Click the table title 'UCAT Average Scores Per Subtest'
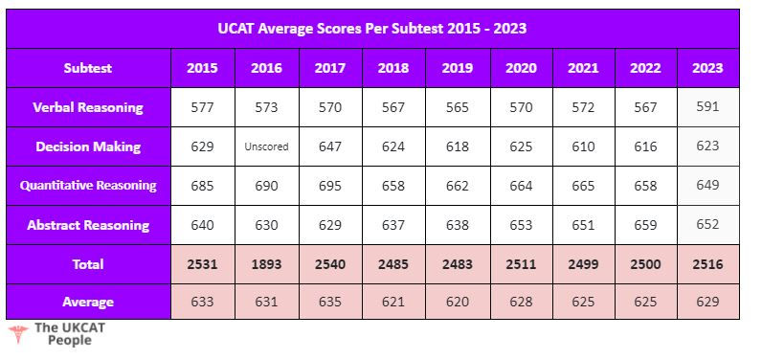[x=372, y=29]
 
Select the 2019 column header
[x=458, y=68]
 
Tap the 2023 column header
[x=707, y=68]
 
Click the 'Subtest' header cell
[x=88, y=68]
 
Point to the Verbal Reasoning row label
[x=88, y=107]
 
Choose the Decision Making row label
[x=88, y=146]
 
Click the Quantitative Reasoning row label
[x=88, y=186]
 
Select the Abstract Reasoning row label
[x=88, y=225]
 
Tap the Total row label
[x=88, y=264]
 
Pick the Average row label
[x=88, y=302]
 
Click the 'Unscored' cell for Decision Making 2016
[x=266, y=146]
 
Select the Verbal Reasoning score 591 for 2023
[x=707, y=107]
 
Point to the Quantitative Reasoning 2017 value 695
[x=329, y=186]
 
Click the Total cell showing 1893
[x=266, y=264]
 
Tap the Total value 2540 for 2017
[x=329, y=264]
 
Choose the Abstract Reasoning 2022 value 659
[x=645, y=225]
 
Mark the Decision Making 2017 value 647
[x=329, y=146]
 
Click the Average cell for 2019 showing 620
[x=458, y=302]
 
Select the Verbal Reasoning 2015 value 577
[x=203, y=107]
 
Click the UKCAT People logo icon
[x=17, y=333]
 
